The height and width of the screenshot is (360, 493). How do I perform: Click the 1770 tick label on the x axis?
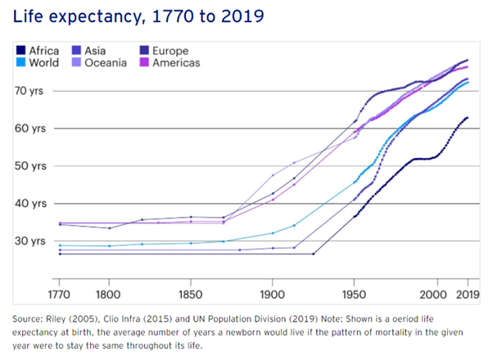tap(60, 294)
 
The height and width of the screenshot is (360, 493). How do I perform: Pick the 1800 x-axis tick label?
tap(108, 294)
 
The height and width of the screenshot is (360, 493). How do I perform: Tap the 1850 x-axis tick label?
tap(190, 294)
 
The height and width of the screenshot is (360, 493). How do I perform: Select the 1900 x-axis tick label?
tap(272, 294)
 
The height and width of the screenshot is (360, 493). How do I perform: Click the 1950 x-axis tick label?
tap(354, 294)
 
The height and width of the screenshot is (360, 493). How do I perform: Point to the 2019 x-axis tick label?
tap(467, 294)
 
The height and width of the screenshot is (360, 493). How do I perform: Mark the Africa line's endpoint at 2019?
tap(467, 118)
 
